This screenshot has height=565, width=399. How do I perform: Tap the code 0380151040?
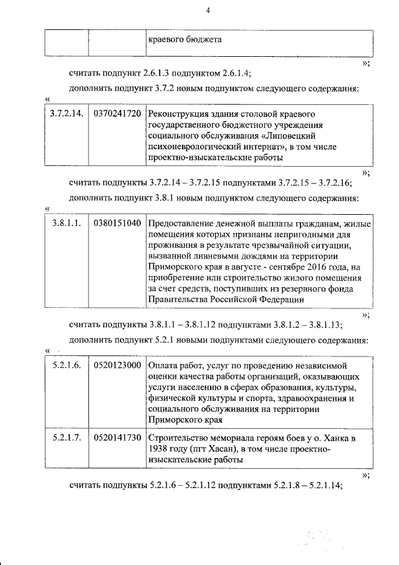(117, 223)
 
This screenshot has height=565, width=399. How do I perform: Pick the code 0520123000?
(117, 365)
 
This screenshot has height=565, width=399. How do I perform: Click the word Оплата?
(163, 365)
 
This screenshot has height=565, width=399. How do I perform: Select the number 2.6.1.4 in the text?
(231, 73)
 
